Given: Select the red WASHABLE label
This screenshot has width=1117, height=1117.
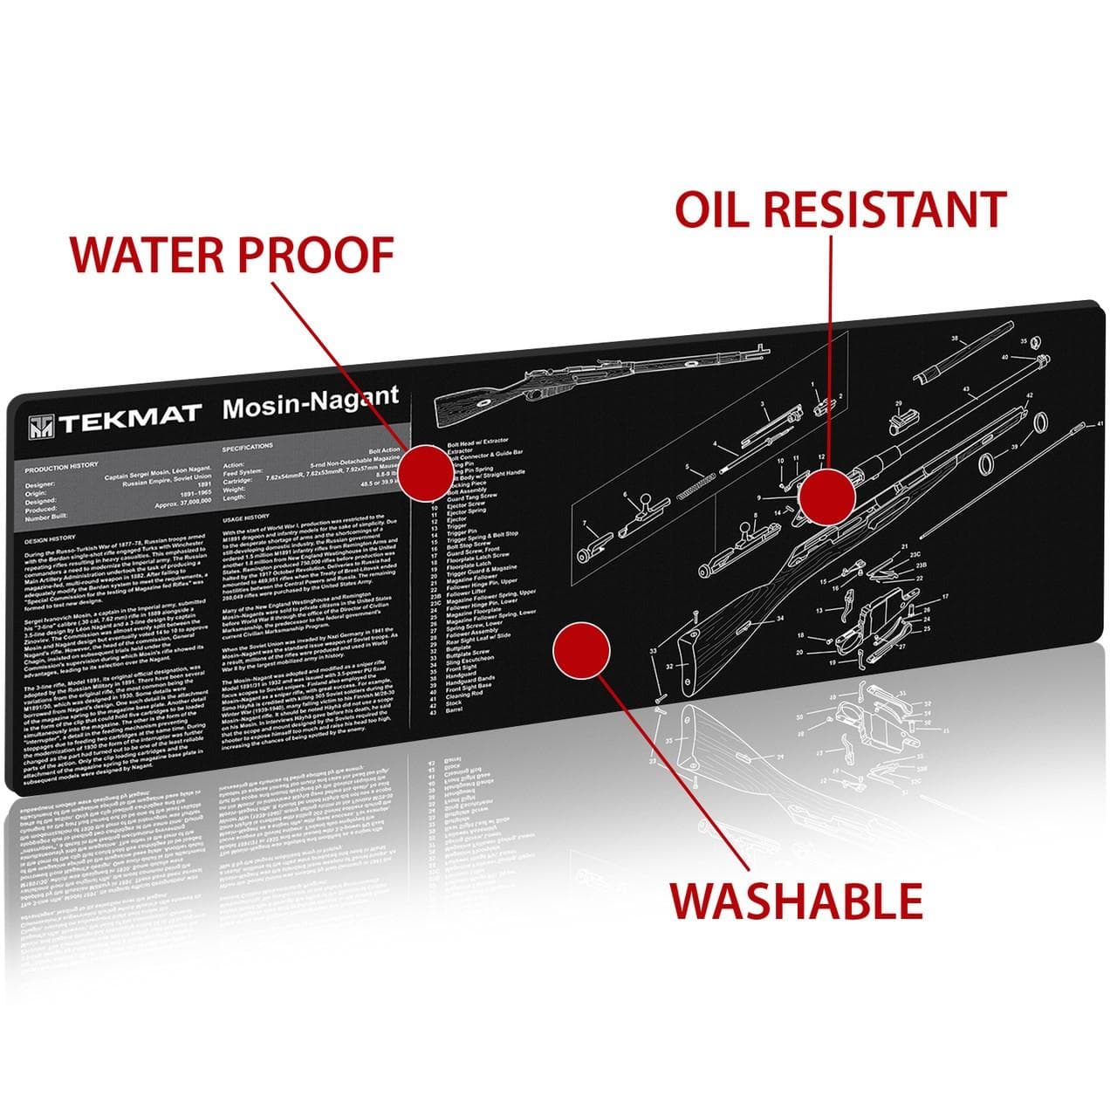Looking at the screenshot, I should pyautogui.click(x=796, y=900).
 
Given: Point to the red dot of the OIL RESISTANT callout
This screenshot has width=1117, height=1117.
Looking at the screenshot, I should pyautogui.click(x=827, y=496).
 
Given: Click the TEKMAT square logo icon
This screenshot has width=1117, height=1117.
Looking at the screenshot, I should pyautogui.click(x=39, y=425).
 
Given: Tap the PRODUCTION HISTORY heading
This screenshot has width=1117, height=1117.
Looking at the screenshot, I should pyautogui.click(x=62, y=465).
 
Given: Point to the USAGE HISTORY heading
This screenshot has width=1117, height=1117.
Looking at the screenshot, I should pyautogui.click(x=246, y=517).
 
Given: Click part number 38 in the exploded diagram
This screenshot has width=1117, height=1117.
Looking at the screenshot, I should pyautogui.click(x=954, y=338).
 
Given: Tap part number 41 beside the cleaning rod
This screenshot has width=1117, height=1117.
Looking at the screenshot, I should pyautogui.click(x=1100, y=423).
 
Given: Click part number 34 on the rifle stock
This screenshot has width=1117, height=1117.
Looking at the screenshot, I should pyautogui.click(x=779, y=619).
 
